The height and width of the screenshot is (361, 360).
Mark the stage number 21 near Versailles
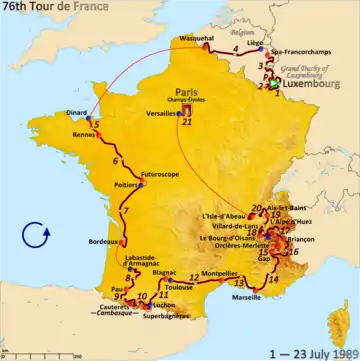(187, 122)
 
